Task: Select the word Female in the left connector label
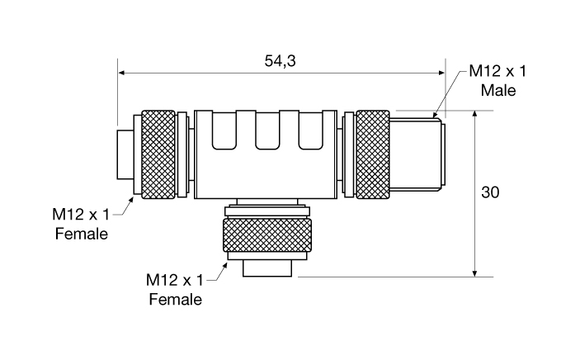coord(82,234)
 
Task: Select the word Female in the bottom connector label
coord(175,298)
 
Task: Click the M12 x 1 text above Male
coord(497,71)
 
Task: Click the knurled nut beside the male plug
coord(372,154)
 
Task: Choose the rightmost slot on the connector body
coord(310,131)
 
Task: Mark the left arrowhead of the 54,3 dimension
coord(122,73)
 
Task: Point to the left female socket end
coord(125,154)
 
